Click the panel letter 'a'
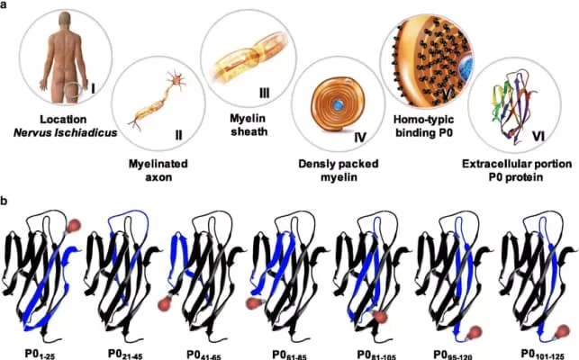click(x=6, y=6)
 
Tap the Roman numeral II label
click(x=178, y=135)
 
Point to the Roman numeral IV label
click(x=359, y=137)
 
